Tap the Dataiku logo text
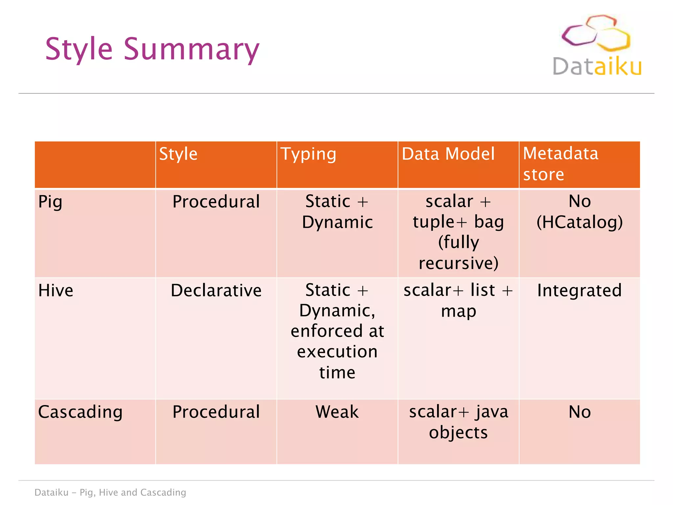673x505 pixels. click(x=597, y=67)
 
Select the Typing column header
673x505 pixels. click(x=308, y=154)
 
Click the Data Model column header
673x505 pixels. click(x=448, y=154)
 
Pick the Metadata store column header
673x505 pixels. click(x=560, y=164)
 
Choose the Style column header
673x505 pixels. click(x=178, y=154)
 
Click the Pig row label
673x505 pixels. click(x=50, y=202)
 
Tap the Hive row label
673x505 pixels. click(x=56, y=291)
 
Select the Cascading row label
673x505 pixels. click(x=80, y=412)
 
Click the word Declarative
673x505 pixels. click(x=216, y=291)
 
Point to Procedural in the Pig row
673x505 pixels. click(x=216, y=202)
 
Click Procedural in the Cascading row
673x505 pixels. click(x=216, y=412)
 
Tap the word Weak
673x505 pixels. click(x=337, y=412)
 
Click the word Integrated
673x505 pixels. click(x=579, y=291)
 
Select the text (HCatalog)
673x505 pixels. click(x=579, y=222)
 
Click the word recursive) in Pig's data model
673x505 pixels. click(x=458, y=263)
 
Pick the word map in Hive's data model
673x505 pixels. click(x=458, y=311)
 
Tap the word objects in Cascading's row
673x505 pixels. click(x=458, y=433)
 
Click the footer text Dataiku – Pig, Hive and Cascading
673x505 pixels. click(x=110, y=493)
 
